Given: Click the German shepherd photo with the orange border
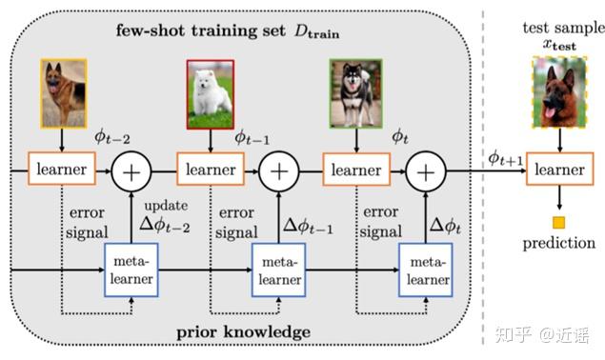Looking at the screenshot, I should pyautogui.click(x=63, y=93).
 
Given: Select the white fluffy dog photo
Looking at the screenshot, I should pyautogui.click(x=209, y=92).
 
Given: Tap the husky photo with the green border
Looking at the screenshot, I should pyautogui.click(x=354, y=93).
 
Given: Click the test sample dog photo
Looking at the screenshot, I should pyautogui.click(x=558, y=92).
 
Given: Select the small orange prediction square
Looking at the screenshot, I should pyautogui.click(x=559, y=223).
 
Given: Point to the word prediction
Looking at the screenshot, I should pyautogui.click(x=558, y=244).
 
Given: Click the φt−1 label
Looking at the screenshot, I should pyautogui.click(x=252, y=139).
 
